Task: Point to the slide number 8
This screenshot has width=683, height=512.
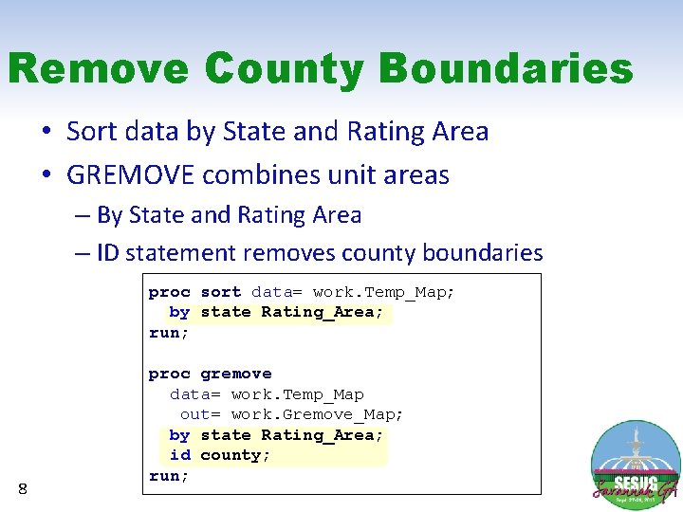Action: click(23, 488)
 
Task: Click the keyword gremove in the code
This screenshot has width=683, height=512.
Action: click(236, 374)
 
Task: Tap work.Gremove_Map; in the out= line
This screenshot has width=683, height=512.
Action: click(318, 414)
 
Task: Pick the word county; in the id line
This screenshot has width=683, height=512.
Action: click(235, 455)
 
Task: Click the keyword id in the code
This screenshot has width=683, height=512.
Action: click(179, 455)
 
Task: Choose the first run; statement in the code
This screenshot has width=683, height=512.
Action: click(169, 333)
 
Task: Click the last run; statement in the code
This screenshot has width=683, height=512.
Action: click(169, 476)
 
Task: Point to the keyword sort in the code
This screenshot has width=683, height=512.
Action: click(220, 292)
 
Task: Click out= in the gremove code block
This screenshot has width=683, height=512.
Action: click(200, 414)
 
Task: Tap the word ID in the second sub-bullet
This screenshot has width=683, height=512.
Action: click(107, 253)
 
